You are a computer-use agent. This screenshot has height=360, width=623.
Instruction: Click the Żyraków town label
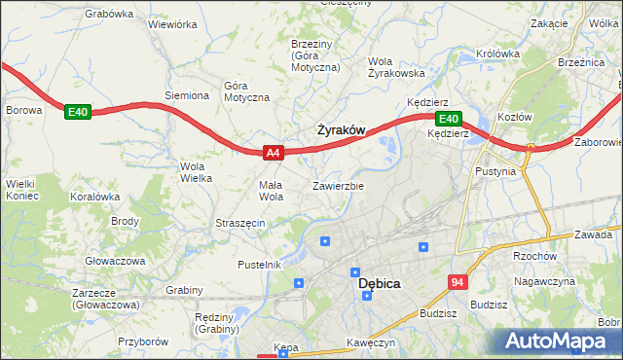click(342, 129)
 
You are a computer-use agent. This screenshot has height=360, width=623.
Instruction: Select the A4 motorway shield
click(274, 152)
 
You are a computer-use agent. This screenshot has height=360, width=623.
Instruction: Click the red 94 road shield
click(458, 282)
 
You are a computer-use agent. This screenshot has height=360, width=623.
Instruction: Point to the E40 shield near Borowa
click(78, 113)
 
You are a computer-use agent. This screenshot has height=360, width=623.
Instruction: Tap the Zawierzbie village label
click(338, 185)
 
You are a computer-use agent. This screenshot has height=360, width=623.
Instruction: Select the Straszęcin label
click(240, 223)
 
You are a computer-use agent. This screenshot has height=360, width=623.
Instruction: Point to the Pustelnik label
click(259, 264)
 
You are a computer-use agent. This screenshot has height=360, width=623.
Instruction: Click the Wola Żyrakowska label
click(395, 67)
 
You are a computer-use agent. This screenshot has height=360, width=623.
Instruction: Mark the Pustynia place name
click(509, 170)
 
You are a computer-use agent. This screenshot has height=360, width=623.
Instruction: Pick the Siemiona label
click(187, 95)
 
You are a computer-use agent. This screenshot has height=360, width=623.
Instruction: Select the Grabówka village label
click(109, 14)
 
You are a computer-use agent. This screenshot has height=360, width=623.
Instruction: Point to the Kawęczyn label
click(370, 343)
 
